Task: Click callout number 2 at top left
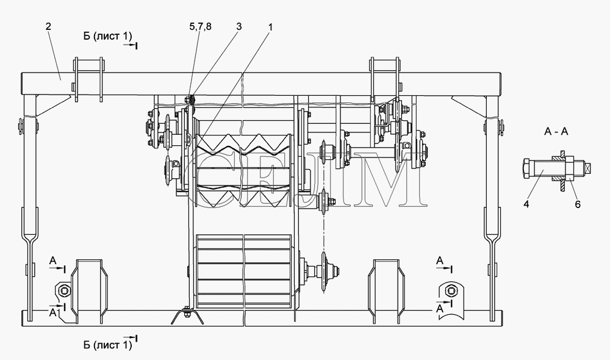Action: pos(48,26)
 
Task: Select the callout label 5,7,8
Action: pos(200,26)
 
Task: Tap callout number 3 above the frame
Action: pos(239,26)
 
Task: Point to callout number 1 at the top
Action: pos(270,27)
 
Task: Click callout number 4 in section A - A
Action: pos(526,204)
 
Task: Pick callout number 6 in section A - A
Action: pos(578,204)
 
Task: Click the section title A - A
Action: pos(556,132)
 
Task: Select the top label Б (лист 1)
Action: pos(107,36)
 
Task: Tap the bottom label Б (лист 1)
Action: pos(107,345)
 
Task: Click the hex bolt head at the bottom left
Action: pos(65,290)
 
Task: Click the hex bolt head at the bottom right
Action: pos(451,290)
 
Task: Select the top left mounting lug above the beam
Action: pos(88,79)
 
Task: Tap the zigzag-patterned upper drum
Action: pos(244,170)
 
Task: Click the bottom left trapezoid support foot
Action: pos(88,292)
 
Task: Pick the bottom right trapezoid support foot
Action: pos(386,292)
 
